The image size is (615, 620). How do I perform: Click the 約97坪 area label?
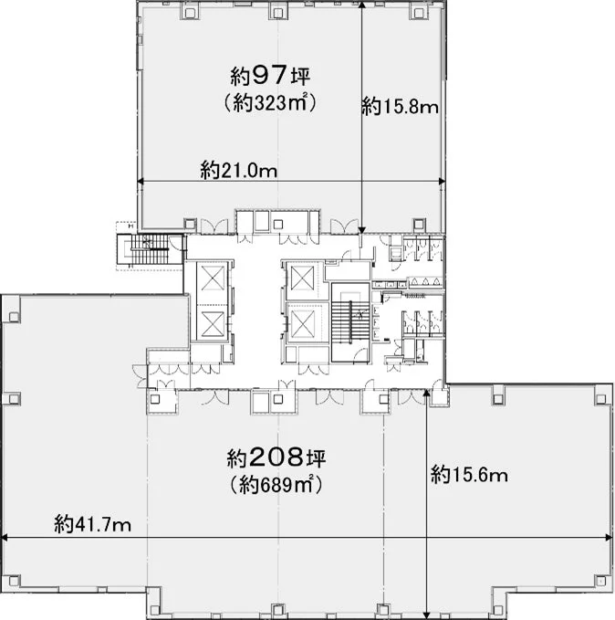click(270, 76)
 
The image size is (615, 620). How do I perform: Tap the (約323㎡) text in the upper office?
click(270, 103)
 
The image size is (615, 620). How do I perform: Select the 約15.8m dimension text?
click(400, 106)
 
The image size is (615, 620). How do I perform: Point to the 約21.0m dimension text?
click(239, 170)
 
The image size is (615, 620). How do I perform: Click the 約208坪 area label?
click(276, 457)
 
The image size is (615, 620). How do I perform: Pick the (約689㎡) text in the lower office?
click(276, 485)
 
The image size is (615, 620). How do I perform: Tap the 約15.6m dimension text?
click(469, 474)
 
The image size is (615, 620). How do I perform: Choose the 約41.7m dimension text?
click(92, 524)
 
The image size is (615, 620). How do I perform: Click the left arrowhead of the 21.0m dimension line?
click(140, 182)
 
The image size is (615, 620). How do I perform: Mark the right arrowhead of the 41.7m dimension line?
click(610, 537)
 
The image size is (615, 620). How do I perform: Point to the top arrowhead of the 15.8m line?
click(362, 4)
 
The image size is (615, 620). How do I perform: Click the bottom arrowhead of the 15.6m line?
click(427, 615)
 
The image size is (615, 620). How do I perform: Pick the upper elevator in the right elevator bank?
click(302, 278)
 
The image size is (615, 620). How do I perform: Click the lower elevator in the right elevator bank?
click(302, 323)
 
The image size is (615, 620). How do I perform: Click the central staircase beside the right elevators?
click(350, 321)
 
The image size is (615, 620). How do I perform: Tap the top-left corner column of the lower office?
click(14, 316)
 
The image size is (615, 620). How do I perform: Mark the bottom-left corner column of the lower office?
click(14, 582)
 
